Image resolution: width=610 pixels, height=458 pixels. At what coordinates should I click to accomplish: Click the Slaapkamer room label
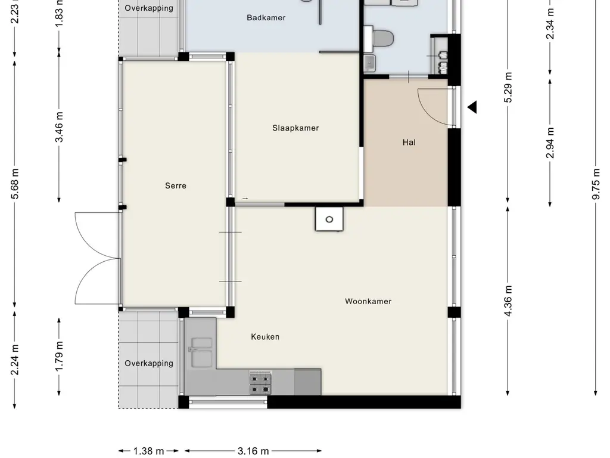pyautogui.click(x=295, y=128)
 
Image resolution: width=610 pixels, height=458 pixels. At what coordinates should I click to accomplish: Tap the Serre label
pyautogui.click(x=176, y=186)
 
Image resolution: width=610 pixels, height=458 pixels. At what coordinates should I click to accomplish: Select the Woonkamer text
pyautogui.click(x=368, y=301)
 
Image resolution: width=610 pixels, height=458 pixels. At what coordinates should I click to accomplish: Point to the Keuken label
pyautogui.click(x=265, y=337)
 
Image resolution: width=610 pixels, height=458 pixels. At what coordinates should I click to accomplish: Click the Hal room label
pyautogui.click(x=409, y=143)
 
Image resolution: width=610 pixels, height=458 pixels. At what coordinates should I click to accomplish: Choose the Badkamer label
pyautogui.click(x=266, y=17)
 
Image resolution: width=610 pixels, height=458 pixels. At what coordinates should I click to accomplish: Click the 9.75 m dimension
pyautogui.click(x=596, y=184)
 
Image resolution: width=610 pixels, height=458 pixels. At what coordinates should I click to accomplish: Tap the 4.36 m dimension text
pyautogui.click(x=508, y=301)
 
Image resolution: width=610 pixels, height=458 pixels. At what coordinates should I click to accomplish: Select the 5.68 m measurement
pyautogui.click(x=15, y=184)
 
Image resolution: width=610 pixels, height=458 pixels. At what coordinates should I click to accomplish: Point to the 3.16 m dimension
pyautogui.click(x=253, y=451)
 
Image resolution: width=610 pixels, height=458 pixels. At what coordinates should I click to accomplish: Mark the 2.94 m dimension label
pyautogui.click(x=550, y=143)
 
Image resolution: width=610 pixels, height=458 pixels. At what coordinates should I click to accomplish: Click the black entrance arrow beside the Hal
pyautogui.click(x=472, y=107)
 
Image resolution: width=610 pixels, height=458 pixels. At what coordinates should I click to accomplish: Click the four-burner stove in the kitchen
pyautogui.click(x=260, y=383)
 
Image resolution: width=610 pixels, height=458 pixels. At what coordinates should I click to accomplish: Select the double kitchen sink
pyautogui.click(x=201, y=352)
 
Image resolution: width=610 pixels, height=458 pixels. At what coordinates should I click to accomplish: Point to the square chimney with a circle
pyautogui.click(x=329, y=219)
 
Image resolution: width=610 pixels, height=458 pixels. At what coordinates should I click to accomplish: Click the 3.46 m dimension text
pyautogui.click(x=59, y=127)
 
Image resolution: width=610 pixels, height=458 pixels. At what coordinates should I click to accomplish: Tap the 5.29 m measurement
pyautogui.click(x=508, y=87)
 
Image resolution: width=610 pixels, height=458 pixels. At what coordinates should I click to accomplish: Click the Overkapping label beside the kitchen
pyautogui.click(x=148, y=363)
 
